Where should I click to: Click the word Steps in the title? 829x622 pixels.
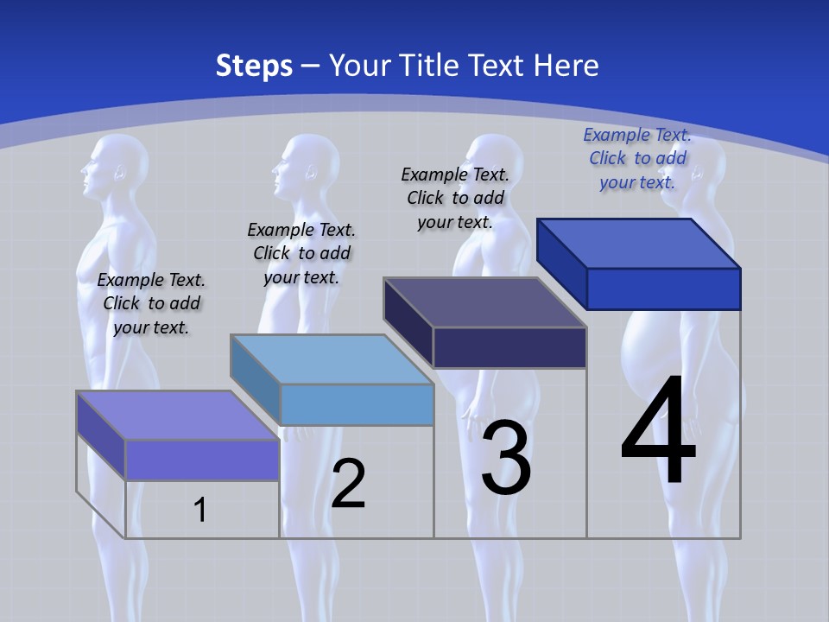(254, 66)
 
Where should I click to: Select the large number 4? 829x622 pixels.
(658, 434)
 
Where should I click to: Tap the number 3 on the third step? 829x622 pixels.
(506, 459)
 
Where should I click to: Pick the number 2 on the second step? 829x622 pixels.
(348, 484)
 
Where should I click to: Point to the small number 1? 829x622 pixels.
(200, 510)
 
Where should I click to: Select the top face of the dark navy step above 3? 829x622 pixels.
(484, 302)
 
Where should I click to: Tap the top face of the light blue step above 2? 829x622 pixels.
(332, 359)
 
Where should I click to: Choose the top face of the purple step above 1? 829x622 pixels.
(178, 416)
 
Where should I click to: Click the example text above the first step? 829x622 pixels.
(151, 303)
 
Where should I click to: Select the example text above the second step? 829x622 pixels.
(301, 253)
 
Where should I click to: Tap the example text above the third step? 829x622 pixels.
(455, 198)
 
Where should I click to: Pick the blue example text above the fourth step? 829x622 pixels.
(637, 158)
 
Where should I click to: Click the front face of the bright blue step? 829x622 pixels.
(663, 289)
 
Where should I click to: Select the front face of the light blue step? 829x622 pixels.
(357, 404)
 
